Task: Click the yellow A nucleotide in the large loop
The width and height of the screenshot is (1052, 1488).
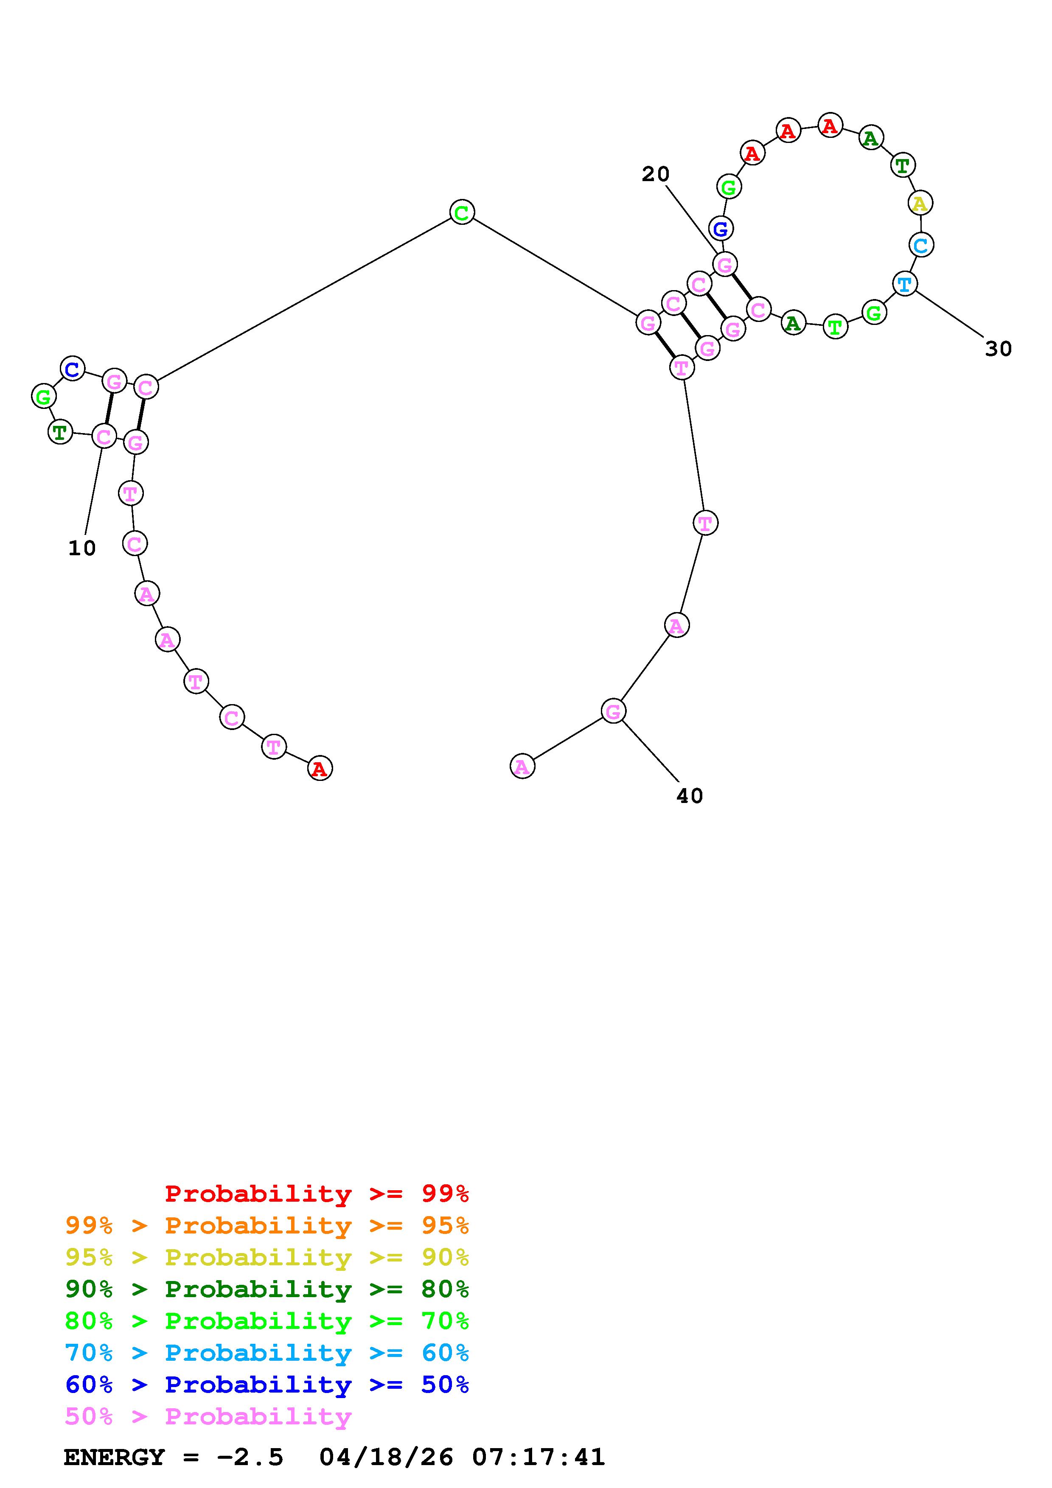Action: pyautogui.click(x=919, y=204)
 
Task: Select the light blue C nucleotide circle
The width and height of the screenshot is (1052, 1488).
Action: pyautogui.click(x=921, y=245)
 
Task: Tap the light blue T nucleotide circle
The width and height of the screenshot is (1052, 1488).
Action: pyautogui.click(x=905, y=283)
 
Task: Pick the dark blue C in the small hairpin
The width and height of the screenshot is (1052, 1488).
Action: pyautogui.click(x=73, y=369)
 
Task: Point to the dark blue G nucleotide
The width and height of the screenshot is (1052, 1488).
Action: pyautogui.click(x=721, y=228)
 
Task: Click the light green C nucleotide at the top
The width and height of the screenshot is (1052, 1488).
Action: pyautogui.click(x=462, y=212)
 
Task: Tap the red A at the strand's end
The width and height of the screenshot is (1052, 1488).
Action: pyautogui.click(x=320, y=769)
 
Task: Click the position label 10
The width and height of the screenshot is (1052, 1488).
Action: pyautogui.click(x=81, y=548)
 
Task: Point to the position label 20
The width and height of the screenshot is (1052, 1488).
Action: pyautogui.click(x=655, y=173)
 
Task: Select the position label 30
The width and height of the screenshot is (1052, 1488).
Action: pyautogui.click(x=998, y=349)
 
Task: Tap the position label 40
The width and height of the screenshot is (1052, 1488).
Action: pyautogui.click(x=690, y=796)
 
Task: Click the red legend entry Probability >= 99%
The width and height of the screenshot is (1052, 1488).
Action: pyautogui.click(x=317, y=1194)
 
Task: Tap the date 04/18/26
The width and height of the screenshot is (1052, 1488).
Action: pyautogui.click(x=386, y=1457)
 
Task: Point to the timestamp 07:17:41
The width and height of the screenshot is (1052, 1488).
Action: pyautogui.click(x=538, y=1457)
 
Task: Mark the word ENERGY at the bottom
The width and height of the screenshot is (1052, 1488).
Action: pyautogui.click(x=114, y=1457)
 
